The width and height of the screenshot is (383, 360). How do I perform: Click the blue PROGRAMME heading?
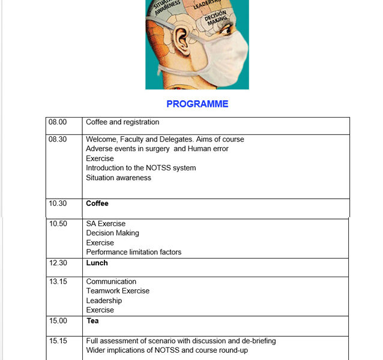[x=197, y=104]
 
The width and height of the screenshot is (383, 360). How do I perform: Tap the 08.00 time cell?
[x=58, y=122]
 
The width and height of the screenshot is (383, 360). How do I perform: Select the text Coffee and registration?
[x=122, y=122]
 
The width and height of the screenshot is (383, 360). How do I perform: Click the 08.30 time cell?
[x=58, y=139]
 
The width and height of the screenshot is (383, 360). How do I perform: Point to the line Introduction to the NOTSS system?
[x=140, y=168]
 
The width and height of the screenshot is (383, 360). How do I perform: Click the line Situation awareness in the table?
[x=118, y=178]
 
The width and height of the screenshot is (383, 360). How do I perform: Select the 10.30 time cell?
[x=58, y=203]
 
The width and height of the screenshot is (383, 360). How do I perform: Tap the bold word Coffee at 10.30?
[x=97, y=203]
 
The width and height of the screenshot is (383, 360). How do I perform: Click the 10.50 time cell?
[x=58, y=224]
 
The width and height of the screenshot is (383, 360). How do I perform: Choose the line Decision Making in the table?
[x=112, y=233]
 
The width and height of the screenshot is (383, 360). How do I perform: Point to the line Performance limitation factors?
[x=133, y=252]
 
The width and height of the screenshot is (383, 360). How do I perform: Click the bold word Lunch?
[x=97, y=263]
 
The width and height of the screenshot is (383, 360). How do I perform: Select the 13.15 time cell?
[x=58, y=281]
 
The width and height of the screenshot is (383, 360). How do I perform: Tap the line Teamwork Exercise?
[x=118, y=291]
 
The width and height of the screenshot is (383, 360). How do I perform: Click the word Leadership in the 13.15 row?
[x=104, y=301]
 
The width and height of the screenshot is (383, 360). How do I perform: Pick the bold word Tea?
[x=92, y=321]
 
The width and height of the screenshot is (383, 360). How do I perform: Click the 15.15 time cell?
[x=58, y=341]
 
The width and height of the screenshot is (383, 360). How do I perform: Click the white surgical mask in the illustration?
[x=226, y=57]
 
